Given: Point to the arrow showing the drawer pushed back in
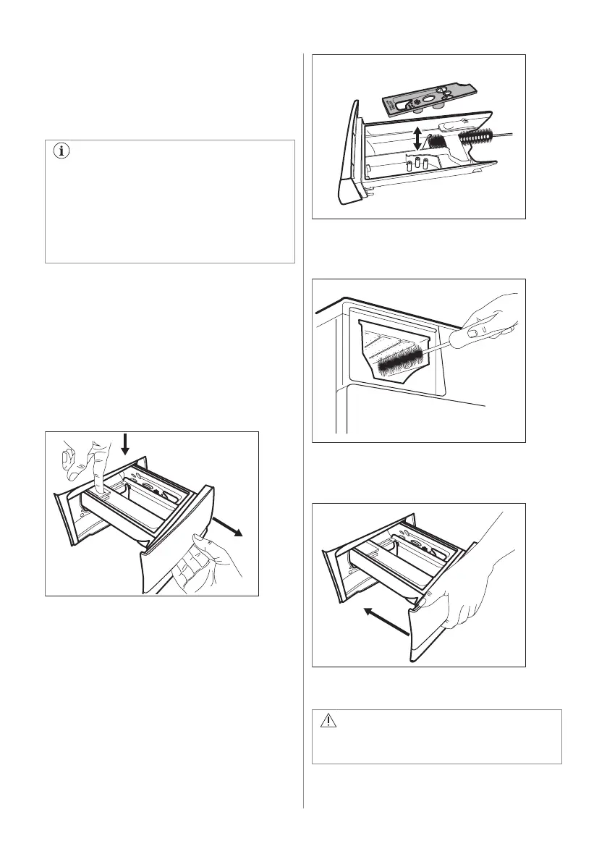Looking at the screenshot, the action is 386,621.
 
